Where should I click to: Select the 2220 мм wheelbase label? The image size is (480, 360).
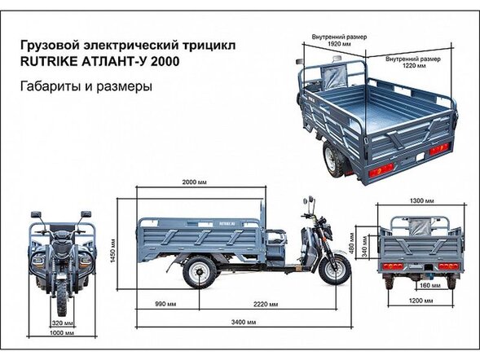(265, 303)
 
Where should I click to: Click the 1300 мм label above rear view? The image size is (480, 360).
(422, 201)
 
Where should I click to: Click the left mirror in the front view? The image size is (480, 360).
(35, 214)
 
